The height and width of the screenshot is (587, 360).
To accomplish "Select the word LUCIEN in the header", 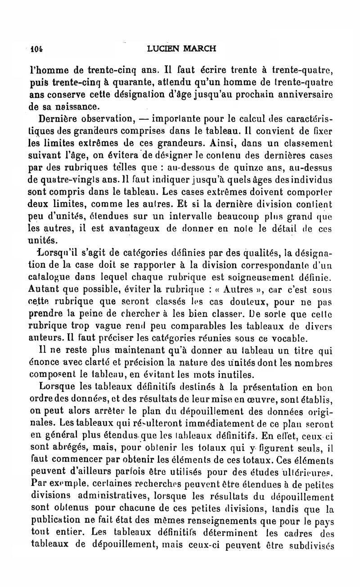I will point(164,48).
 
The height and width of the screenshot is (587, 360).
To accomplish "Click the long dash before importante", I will point(144,120).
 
